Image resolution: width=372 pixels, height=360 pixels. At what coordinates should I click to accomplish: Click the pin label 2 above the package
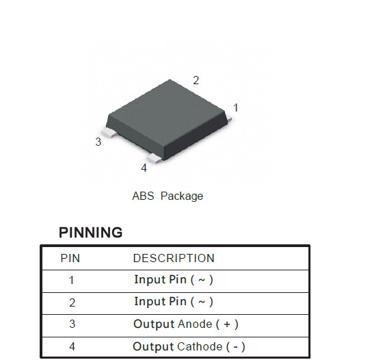coord(196,80)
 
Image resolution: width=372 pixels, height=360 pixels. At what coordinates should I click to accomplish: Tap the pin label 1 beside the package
coord(236,107)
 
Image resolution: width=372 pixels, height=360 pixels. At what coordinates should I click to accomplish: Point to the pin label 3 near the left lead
coord(98,142)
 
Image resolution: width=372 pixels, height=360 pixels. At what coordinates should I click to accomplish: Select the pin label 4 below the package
coord(144,168)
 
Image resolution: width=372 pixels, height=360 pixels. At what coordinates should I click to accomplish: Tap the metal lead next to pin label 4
coord(155,158)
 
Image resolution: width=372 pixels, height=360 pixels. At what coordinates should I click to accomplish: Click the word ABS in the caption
coord(143,196)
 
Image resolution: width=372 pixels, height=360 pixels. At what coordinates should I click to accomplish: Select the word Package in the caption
coord(182,196)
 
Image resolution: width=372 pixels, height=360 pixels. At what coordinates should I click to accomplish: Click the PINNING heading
coord(90,232)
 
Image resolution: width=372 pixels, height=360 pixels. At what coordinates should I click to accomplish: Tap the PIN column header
coord(70,258)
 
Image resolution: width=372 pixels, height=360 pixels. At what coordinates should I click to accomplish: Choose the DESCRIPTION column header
coord(174,258)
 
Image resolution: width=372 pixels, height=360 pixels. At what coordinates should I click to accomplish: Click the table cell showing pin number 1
coord(71,280)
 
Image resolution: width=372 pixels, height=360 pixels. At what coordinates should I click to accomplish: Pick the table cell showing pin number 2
coord(72,303)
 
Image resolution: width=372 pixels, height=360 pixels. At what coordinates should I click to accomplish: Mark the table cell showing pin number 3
coord(72,324)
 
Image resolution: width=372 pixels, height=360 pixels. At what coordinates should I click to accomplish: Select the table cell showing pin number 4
coord(72,346)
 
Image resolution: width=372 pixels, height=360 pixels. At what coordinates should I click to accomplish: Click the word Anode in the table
coord(195,324)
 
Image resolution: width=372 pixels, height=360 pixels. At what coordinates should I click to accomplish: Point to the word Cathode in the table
coord(200,347)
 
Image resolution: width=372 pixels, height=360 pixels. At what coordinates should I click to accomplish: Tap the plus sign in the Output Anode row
coord(227,324)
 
